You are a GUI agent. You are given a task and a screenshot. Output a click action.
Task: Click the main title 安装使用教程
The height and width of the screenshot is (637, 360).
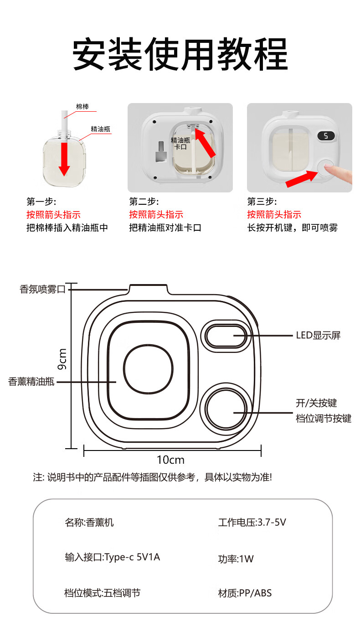pyautogui.click(x=180, y=54)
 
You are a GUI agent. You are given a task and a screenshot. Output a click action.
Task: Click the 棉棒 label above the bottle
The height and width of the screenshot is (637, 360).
pyautogui.click(x=82, y=107)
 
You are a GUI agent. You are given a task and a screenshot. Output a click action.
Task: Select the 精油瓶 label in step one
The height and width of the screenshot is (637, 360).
pyautogui.click(x=100, y=129)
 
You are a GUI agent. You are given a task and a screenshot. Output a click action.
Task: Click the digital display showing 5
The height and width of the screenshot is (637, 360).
pyautogui.click(x=326, y=136)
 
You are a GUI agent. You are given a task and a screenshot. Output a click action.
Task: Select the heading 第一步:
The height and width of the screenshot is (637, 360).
pyautogui.click(x=41, y=202)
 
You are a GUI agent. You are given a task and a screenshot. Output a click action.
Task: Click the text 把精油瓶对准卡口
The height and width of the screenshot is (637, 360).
pyautogui.click(x=165, y=228)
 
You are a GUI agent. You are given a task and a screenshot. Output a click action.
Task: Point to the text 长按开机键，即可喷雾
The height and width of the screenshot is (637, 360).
pyautogui.click(x=293, y=228)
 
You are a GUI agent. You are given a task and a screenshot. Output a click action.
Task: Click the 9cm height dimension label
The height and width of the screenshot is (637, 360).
pyautogui.click(x=62, y=359)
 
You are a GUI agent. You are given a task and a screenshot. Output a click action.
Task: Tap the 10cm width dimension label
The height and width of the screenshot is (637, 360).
pyautogui.click(x=170, y=460)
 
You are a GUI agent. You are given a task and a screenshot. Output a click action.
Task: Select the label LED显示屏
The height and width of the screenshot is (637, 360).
pyautogui.click(x=318, y=336)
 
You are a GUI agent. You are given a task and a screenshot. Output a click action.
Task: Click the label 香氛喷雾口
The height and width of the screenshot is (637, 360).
pyautogui.click(x=43, y=289)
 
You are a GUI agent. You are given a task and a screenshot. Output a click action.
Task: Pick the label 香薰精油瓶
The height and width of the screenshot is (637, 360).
pyautogui.click(x=31, y=382)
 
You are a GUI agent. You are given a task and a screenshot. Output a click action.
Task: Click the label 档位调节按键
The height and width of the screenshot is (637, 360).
pyautogui.click(x=324, y=418)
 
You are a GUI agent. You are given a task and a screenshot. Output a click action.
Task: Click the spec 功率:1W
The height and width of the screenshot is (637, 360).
pyautogui.click(x=236, y=559)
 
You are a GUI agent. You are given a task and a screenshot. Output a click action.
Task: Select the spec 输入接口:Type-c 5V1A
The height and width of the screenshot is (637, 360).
pyautogui.click(x=113, y=557)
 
